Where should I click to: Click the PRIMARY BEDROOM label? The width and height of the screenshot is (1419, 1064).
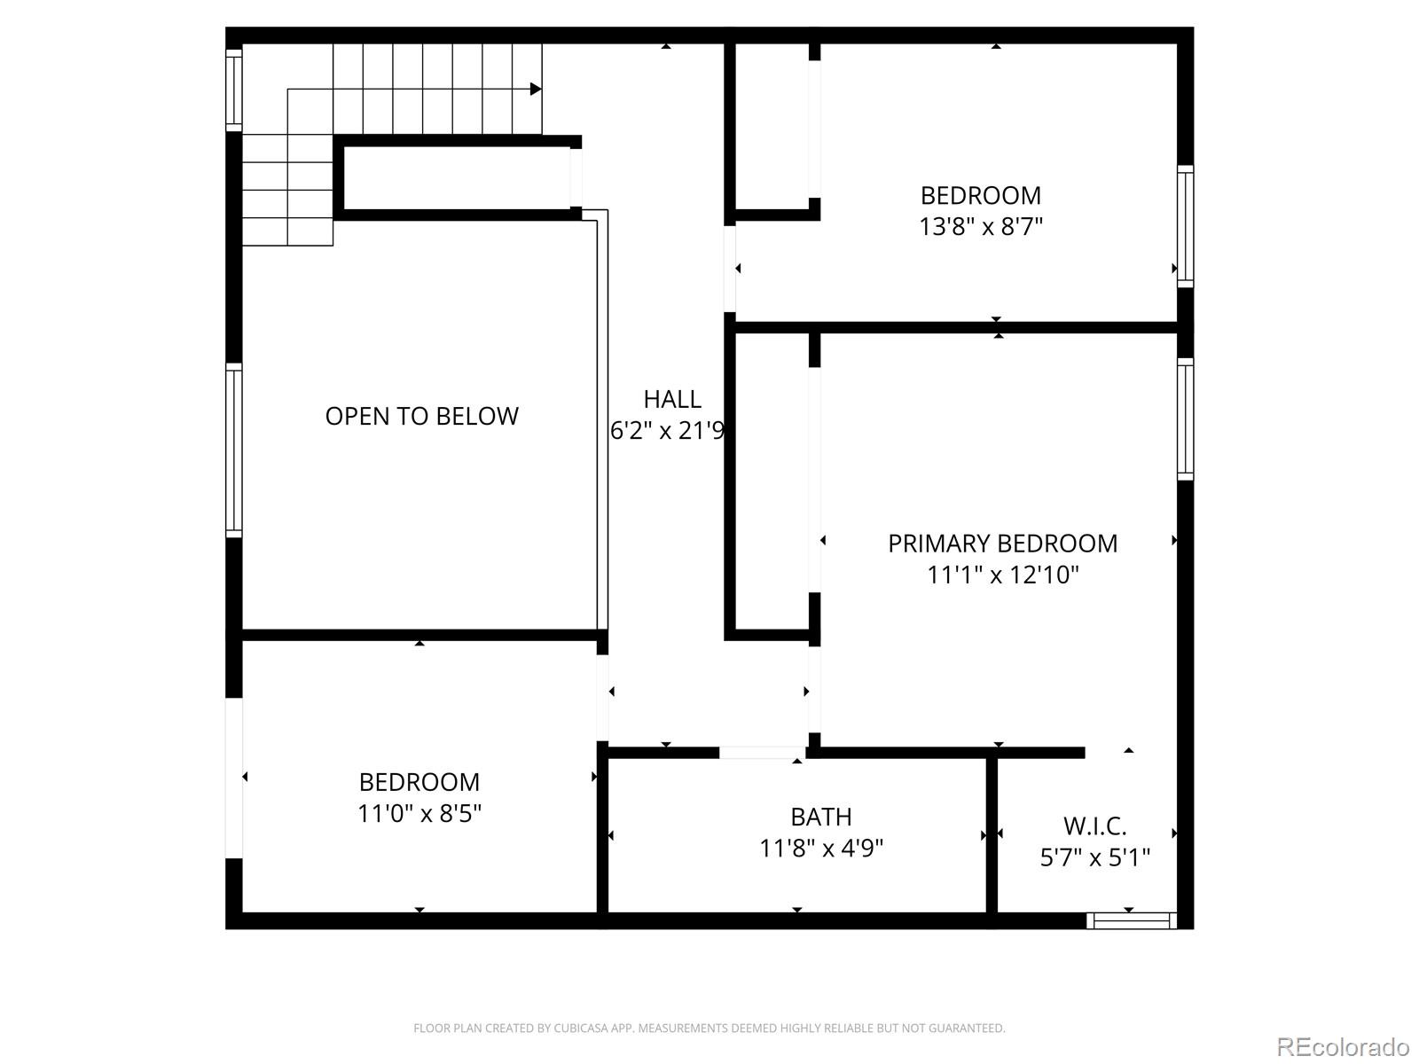pos(1002,544)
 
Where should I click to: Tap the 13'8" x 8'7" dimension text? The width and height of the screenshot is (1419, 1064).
pos(980,227)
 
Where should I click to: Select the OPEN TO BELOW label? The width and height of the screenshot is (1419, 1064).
pos(421,416)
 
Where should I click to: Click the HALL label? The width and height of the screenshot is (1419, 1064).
pos(672,399)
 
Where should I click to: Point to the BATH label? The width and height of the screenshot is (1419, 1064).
pos(821,817)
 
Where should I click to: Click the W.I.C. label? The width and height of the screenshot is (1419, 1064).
pos(1094,826)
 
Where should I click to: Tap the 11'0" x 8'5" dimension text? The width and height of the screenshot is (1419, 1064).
pos(419,813)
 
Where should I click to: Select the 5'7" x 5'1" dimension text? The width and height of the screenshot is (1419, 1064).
pos(1094,858)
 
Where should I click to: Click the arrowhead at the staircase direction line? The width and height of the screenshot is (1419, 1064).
pos(536,90)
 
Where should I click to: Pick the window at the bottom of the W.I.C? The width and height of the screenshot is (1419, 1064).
pos(1132,920)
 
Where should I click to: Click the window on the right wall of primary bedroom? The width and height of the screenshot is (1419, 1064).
pos(1185,419)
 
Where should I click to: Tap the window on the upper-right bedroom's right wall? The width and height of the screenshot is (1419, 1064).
pos(1185,226)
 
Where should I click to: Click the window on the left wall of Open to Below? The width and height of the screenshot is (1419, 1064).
pos(234,450)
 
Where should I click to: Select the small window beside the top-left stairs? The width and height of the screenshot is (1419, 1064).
pos(234,90)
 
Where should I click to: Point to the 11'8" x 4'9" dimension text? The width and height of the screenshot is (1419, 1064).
pos(821,849)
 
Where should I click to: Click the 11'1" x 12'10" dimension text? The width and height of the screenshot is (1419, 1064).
pos(1002,575)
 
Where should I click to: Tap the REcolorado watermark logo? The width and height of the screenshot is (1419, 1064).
pos(1343,1046)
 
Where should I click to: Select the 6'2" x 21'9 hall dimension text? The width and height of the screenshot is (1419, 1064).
pos(668,431)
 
